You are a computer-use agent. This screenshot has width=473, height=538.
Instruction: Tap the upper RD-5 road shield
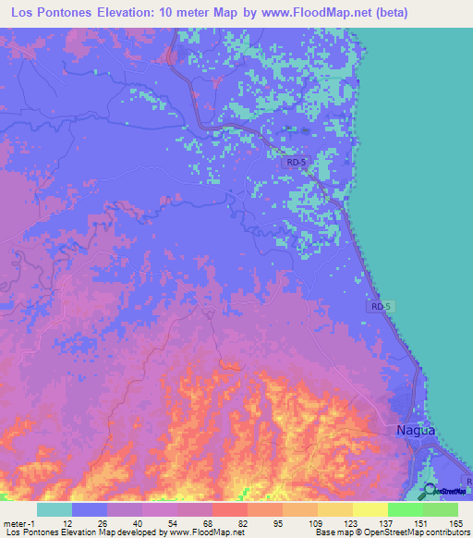tap(295, 162)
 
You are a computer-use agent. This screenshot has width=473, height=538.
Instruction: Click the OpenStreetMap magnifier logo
tap(429, 491)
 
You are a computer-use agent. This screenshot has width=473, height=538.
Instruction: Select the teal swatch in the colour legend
tap(55, 509)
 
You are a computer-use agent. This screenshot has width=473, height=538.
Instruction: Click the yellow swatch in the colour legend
tap(370, 509)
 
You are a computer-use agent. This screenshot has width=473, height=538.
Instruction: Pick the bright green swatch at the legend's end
tap(441, 509)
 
